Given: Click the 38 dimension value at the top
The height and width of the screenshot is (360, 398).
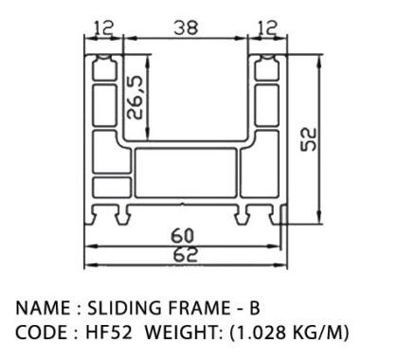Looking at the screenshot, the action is click(x=186, y=27).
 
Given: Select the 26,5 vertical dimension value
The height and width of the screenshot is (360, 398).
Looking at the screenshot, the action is click(x=135, y=98).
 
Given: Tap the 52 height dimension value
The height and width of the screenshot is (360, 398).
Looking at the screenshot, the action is click(x=308, y=139).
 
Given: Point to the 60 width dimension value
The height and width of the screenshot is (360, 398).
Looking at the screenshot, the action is click(x=182, y=236).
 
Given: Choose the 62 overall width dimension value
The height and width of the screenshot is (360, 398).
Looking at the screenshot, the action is click(x=186, y=255).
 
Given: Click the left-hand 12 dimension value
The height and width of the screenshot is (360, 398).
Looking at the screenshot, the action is click(x=103, y=27).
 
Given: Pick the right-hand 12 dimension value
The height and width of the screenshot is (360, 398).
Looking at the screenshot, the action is click(x=268, y=27).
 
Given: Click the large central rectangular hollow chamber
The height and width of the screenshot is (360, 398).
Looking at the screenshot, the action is click(x=186, y=172).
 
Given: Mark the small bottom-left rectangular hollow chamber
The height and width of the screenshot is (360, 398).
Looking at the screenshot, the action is click(x=112, y=188).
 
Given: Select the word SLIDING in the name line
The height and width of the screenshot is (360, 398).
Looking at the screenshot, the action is click(x=124, y=308).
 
